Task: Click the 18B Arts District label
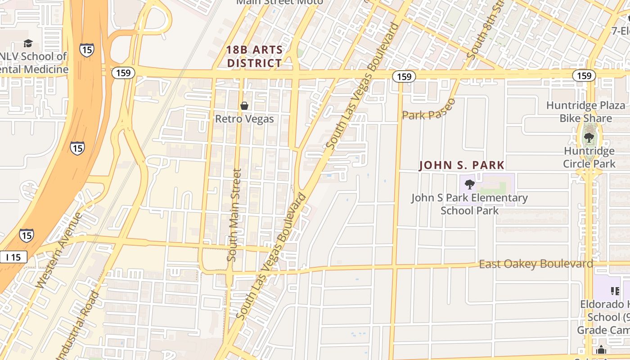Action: pos(255,57)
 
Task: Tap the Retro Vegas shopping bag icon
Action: pos(244,106)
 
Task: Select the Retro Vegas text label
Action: pos(244,119)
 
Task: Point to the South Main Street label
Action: pos(234,215)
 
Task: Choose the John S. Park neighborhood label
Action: pos(462,165)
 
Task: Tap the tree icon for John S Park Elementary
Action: pos(469,184)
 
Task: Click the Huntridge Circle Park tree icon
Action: pos(589,138)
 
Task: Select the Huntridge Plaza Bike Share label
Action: pos(585,112)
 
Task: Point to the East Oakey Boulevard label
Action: pos(535,264)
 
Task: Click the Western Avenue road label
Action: pos(59,250)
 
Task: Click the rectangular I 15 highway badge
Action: pos(13,257)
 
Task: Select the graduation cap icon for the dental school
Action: pos(28,44)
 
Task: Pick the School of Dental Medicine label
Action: pos(34,63)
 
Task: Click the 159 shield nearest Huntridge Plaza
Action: pos(584,76)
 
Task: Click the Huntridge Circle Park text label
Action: pos(589,157)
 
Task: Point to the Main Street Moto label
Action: pos(279,2)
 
